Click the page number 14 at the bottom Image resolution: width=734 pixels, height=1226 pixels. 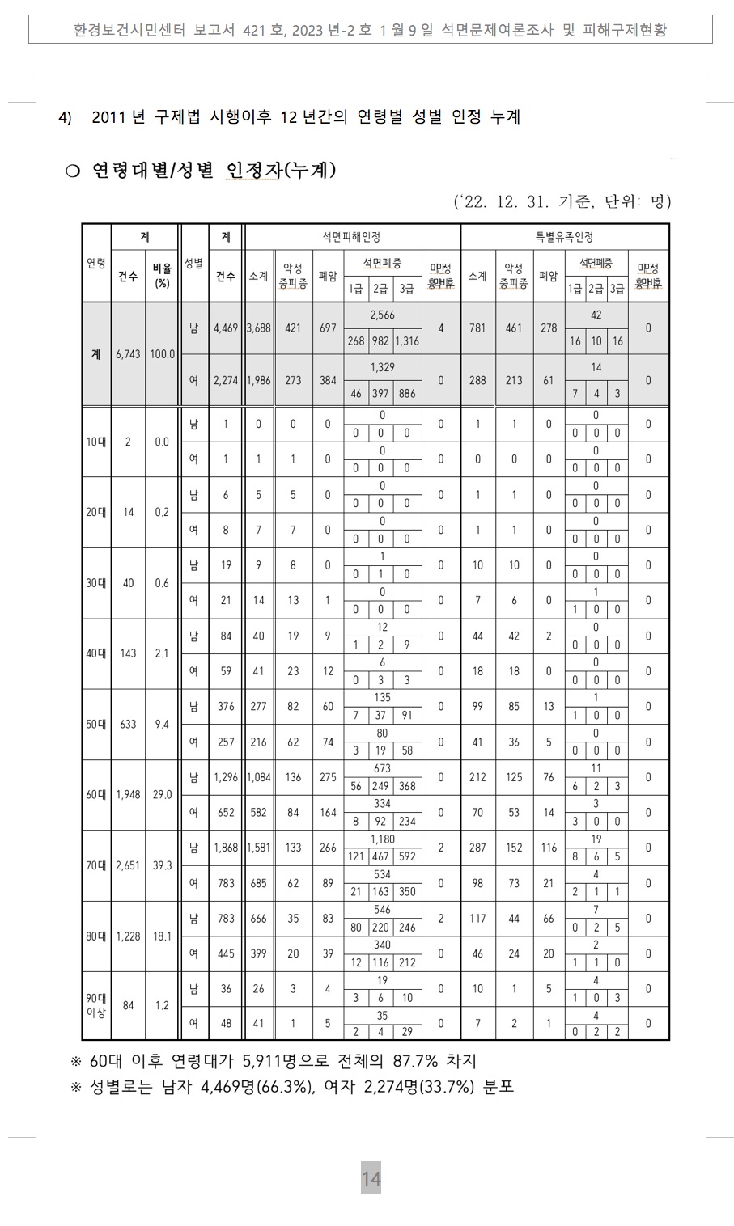click(371, 1179)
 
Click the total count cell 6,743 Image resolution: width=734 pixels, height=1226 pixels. click(128, 354)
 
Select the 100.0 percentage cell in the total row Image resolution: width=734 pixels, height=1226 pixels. click(162, 354)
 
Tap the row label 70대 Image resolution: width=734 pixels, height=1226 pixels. click(96, 865)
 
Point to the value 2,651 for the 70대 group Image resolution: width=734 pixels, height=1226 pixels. click(128, 865)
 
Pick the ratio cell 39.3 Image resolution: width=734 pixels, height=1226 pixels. click(162, 865)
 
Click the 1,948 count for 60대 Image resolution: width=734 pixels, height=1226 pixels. click(128, 795)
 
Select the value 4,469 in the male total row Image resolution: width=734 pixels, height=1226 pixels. click(226, 328)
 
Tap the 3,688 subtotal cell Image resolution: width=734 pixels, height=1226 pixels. click(258, 328)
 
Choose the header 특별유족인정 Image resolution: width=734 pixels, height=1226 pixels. click(564, 237)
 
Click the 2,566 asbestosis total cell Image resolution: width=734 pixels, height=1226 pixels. click(382, 315)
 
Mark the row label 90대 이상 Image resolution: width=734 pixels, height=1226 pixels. click(96, 1006)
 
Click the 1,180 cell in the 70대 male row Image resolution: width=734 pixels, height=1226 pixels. click(382, 839)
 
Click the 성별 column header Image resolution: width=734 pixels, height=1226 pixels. click(193, 264)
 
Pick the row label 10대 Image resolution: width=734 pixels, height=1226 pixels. click(96, 442)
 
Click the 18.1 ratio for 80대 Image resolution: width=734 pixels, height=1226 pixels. click(162, 936)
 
